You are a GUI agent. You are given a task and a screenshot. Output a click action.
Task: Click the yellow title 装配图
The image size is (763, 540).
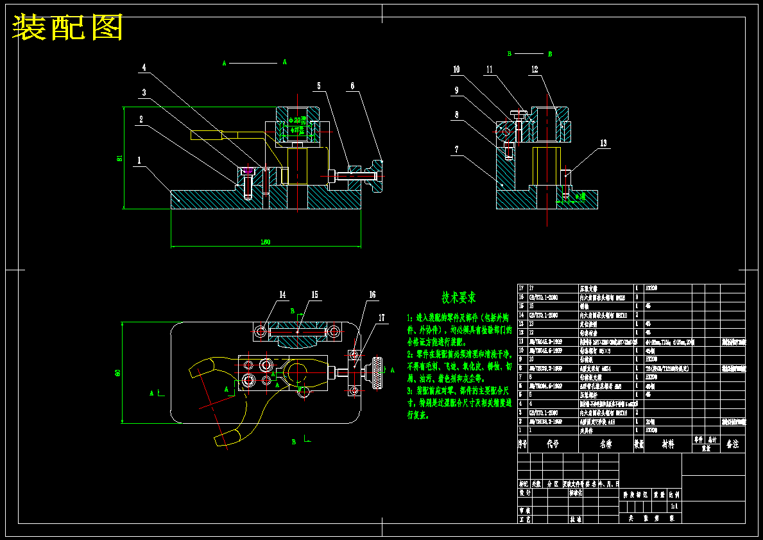tap(67, 27)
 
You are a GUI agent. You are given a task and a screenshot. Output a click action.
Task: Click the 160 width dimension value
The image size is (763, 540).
tap(265, 242)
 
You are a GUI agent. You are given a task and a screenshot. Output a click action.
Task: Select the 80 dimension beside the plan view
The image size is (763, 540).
tap(118, 373)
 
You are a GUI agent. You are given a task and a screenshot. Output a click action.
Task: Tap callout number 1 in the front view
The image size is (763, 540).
tap(138, 161)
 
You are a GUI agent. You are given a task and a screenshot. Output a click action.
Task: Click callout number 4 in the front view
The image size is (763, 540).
tap(144, 67)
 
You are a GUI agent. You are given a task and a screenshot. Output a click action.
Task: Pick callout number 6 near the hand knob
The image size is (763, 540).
tap(352, 85)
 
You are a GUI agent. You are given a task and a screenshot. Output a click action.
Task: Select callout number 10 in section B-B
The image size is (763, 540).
tap(456, 69)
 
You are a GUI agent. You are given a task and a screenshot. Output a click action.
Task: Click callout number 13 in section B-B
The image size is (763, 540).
tap(603, 143)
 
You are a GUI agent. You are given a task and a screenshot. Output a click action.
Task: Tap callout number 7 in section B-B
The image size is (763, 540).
tap(456, 149)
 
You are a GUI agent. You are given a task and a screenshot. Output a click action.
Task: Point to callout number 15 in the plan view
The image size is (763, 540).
tap(314, 295)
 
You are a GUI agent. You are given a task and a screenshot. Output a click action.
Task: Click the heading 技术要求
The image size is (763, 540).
tap(458, 298)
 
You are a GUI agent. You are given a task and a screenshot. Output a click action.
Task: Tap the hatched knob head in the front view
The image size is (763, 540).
tap(375, 175)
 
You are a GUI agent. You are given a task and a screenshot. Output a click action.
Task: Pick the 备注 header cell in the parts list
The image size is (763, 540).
tap(732, 444)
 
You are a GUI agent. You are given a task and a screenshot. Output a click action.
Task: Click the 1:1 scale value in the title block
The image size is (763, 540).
tap(673, 506)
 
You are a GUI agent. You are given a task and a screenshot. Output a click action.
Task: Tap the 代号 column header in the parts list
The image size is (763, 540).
tap(553, 444)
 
